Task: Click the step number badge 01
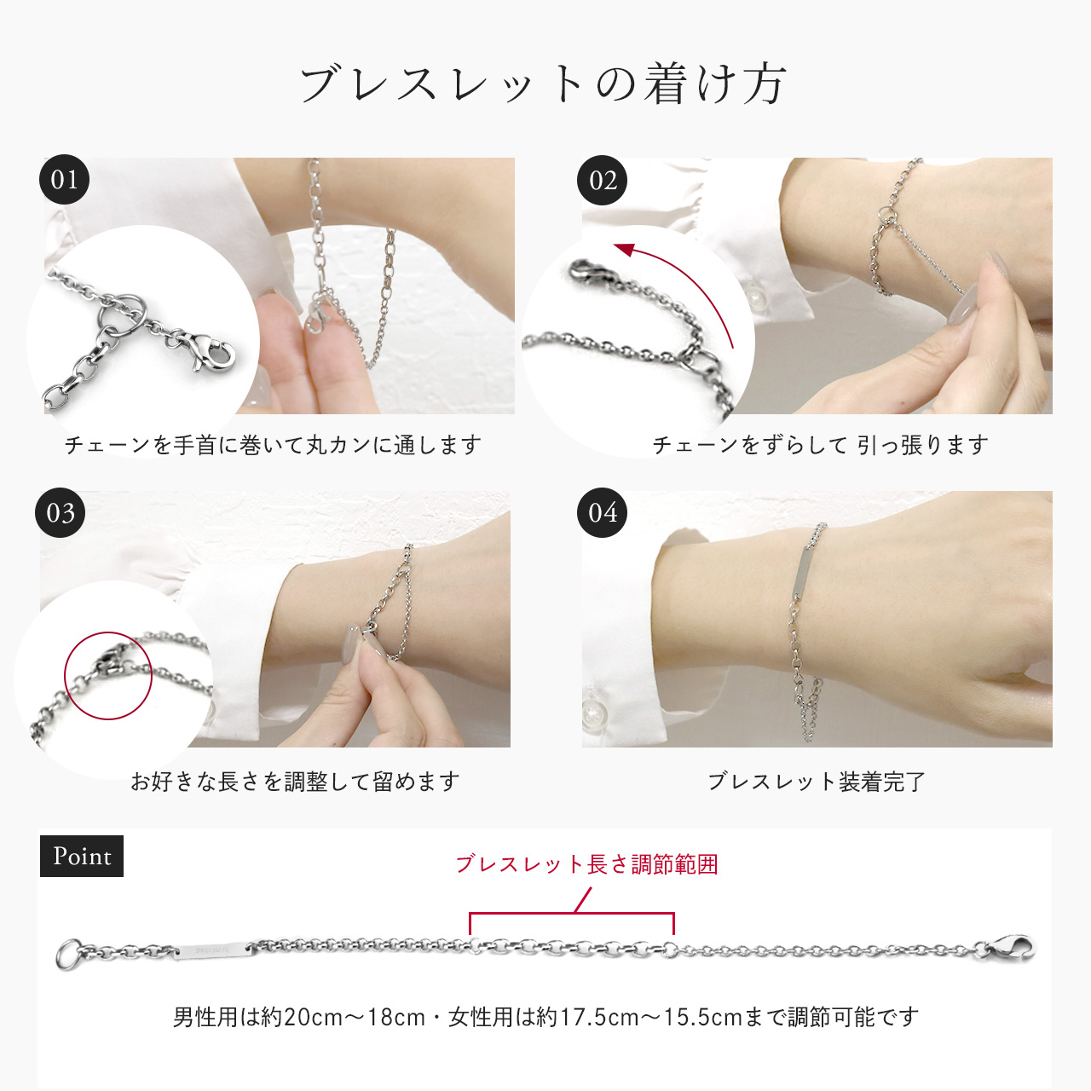point(64,180)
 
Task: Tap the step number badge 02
point(603,181)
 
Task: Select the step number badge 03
point(61,513)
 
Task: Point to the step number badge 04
point(603,513)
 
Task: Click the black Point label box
point(82,856)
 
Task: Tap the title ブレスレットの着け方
point(543,84)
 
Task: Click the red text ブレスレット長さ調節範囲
point(586,864)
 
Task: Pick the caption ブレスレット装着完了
point(817,782)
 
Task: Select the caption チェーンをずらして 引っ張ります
point(820,445)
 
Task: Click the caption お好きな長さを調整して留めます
point(295,782)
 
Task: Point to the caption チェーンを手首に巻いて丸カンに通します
point(273,445)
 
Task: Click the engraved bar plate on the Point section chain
point(213,950)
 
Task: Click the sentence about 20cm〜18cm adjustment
point(545,1017)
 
